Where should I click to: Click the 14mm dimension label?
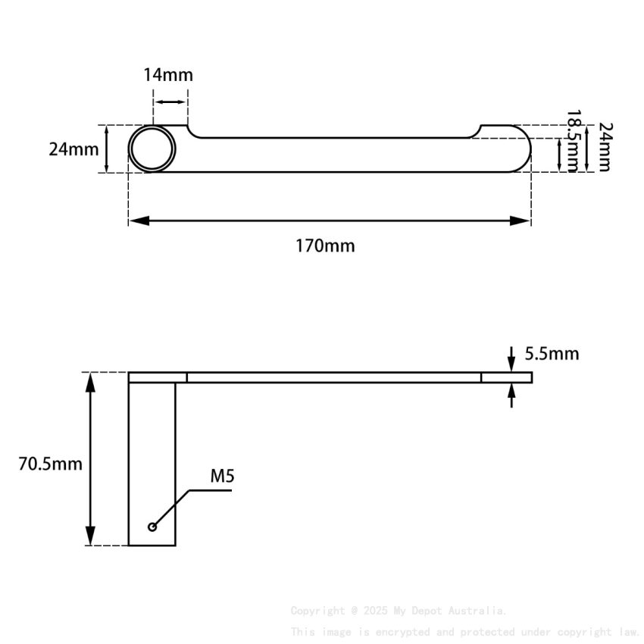click(x=168, y=75)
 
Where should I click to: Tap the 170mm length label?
click(x=325, y=245)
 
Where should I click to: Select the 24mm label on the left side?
click(x=73, y=148)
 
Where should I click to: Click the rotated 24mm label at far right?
click(x=604, y=147)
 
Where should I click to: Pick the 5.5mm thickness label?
click(x=552, y=353)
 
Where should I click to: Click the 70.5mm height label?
click(x=50, y=464)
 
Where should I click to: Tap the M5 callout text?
click(x=222, y=477)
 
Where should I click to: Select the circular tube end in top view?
click(x=152, y=148)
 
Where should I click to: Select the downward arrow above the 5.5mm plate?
click(x=512, y=363)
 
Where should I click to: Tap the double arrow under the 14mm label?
click(x=170, y=102)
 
